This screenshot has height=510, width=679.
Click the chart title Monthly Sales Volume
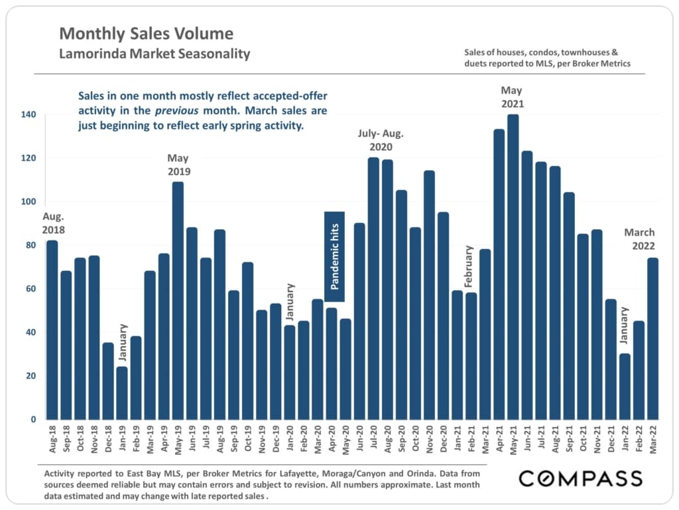coord(146,33)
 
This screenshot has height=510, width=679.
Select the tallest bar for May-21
coord(513,266)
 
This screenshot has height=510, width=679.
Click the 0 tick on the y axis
coord(32,420)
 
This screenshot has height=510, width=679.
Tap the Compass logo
coord(580,478)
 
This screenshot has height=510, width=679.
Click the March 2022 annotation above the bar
coord(639,239)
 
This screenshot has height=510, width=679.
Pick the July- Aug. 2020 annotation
coord(381,140)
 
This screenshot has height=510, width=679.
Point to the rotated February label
coord(468,267)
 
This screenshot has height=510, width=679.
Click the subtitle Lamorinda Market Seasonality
coord(154,54)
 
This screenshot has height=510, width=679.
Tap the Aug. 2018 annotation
coord(54,223)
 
